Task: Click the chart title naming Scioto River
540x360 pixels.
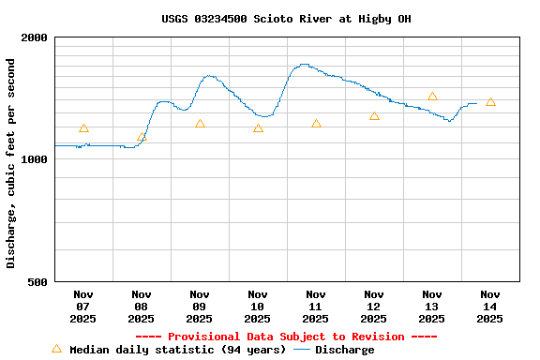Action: tap(286, 19)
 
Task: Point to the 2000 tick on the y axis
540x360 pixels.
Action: tap(35, 37)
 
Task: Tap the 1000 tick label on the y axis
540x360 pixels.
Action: tap(35, 159)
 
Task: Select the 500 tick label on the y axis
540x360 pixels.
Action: tap(37, 281)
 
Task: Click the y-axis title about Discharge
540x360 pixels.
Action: tap(11, 163)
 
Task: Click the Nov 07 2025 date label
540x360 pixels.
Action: tap(82, 307)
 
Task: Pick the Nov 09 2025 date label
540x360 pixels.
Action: tap(199, 307)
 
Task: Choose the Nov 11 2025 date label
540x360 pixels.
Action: tap(315, 307)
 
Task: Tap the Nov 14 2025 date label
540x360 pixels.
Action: tap(489, 307)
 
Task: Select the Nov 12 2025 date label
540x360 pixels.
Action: tap(373, 307)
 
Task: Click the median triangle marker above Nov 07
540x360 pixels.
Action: tap(83, 128)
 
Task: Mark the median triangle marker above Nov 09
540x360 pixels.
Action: tap(200, 124)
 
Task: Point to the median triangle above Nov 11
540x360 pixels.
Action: tap(316, 124)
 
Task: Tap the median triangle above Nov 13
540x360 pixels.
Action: tap(432, 97)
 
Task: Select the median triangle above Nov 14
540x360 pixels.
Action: tap(490, 102)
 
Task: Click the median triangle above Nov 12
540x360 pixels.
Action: tap(374, 116)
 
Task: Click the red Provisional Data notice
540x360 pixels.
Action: tap(286, 337)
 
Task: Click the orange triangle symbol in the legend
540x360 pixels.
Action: tap(56, 349)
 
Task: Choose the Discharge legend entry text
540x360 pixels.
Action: tap(344, 350)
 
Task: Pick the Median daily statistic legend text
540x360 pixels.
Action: tap(177, 350)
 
